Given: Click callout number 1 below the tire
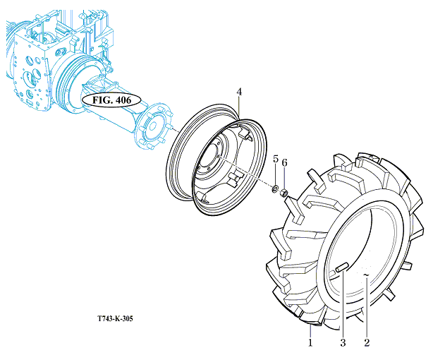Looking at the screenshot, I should (310, 343).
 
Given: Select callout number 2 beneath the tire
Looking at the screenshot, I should (367, 343).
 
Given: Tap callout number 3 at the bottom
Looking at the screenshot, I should (343, 343).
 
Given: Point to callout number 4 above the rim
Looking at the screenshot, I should (239, 92).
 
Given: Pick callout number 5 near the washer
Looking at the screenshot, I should (276, 157).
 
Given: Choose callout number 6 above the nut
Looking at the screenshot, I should (285, 163).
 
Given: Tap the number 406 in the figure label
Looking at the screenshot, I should (125, 99).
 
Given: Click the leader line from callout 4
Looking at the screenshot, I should (240, 109).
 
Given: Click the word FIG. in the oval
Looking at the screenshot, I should (101, 99).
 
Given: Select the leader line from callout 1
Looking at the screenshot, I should (310, 331).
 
